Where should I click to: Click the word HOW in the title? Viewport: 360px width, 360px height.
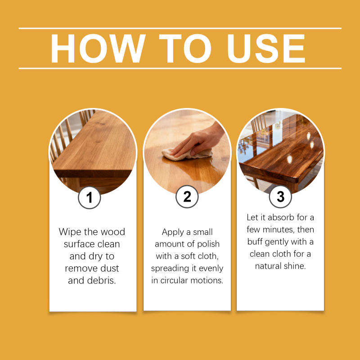pos(98,49)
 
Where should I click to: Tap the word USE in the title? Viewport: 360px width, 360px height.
pos(266,49)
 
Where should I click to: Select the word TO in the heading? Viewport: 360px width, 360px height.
pos(185,49)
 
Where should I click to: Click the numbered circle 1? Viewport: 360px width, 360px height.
pos(89,198)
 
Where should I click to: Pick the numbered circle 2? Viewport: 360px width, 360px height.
pos(187,197)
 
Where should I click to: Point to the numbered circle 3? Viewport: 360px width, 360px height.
pos(280,197)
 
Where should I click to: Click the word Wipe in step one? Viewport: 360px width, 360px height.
pos(70,232)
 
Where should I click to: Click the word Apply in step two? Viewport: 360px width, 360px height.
pos(173,232)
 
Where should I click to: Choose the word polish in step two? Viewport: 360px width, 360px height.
pos(208,244)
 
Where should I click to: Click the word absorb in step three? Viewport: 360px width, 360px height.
pos(281,217)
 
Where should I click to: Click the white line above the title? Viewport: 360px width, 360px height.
pos(180,28)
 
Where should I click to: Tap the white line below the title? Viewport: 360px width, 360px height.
pos(180,68)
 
